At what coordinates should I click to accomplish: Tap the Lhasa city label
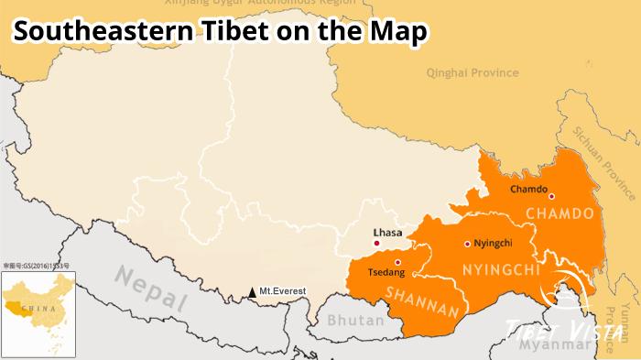click(x=387, y=232)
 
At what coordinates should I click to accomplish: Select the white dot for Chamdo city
click(x=551, y=195)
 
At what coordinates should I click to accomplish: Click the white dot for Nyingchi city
click(x=467, y=244)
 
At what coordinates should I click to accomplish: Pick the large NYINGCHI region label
click(x=500, y=271)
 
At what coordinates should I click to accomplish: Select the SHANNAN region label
click(x=420, y=302)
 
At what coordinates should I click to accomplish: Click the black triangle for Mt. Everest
click(x=252, y=293)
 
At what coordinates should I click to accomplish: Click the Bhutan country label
click(x=351, y=322)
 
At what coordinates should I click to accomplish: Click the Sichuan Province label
click(x=604, y=161)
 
